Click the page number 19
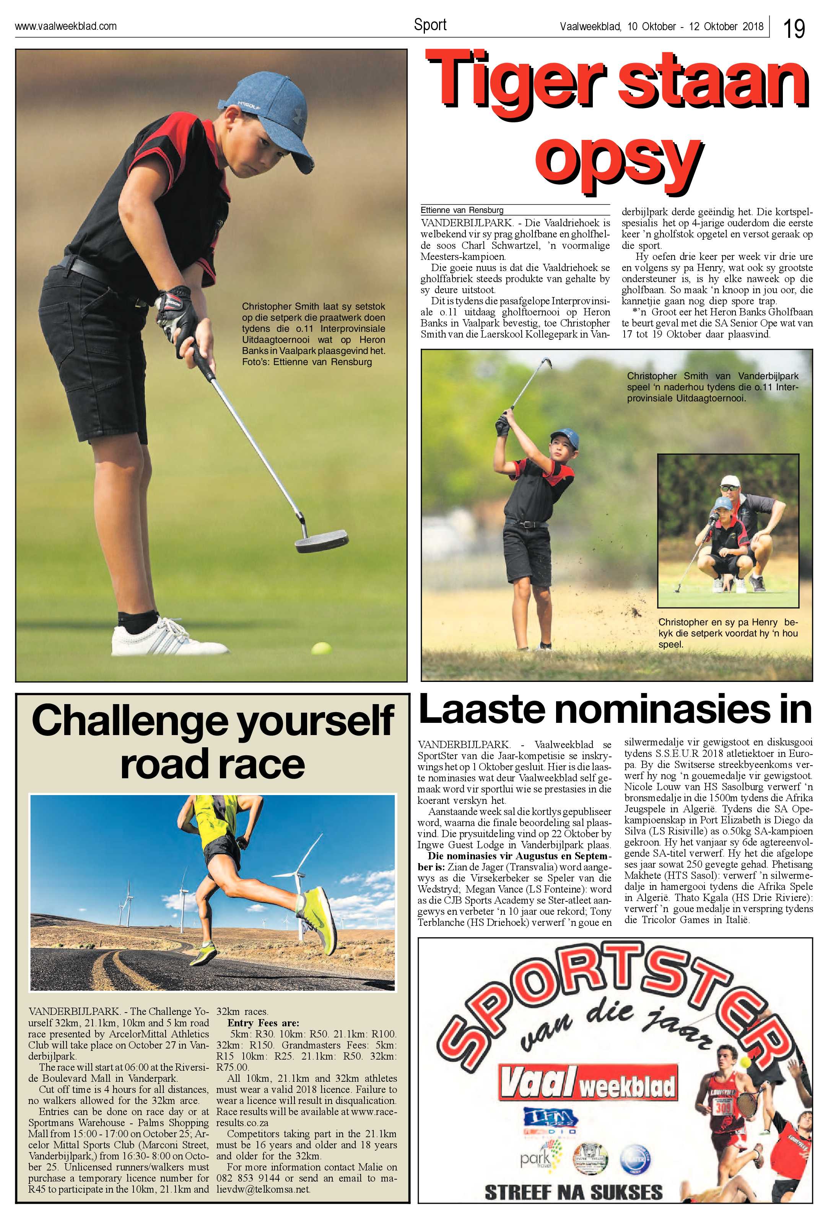tap(794, 28)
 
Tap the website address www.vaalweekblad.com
tap(65, 26)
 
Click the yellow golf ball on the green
tap(321, 648)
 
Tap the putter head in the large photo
tap(322, 541)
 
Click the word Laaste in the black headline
tap(482, 711)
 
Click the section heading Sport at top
tap(430, 24)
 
